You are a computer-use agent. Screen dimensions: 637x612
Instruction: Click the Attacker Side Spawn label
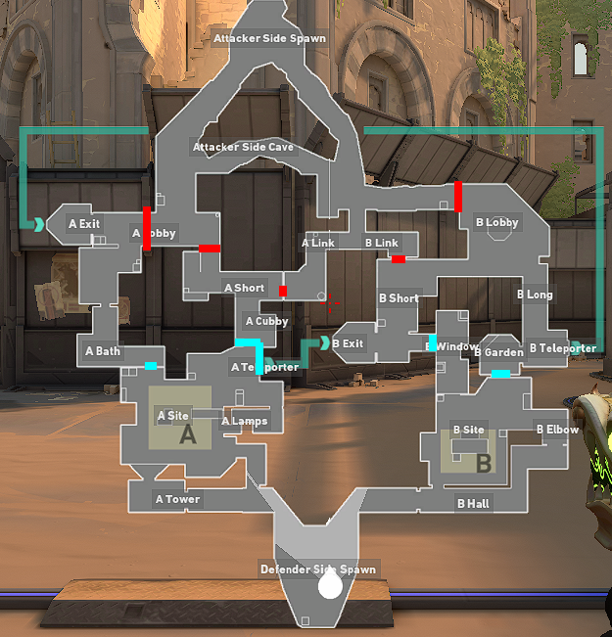click(269, 39)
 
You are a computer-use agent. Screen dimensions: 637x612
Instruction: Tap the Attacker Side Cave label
click(243, 148)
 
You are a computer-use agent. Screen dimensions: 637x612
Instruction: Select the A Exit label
click(84, 224)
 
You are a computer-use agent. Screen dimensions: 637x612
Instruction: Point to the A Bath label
click(103, 351)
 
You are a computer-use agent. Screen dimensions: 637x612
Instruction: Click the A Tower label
click(177, 500)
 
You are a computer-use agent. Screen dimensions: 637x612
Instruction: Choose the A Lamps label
click(245, 422)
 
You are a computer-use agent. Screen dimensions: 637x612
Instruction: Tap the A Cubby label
click(266, 321)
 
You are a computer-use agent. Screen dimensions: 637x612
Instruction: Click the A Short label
click(244, 288)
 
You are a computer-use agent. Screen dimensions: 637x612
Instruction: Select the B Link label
click(382, 243)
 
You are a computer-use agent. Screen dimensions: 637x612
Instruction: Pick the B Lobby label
click(496, 223)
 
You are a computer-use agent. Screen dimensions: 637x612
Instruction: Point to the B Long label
click(535, 295)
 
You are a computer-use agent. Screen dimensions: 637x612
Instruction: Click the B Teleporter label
click(562, 348)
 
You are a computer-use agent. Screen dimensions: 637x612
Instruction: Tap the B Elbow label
click(556, 430)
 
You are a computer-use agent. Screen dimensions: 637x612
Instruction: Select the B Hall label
click(473, 504)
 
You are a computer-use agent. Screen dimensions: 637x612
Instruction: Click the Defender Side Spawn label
click(317, 569)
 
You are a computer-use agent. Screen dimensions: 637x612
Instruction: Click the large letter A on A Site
click(188, 436)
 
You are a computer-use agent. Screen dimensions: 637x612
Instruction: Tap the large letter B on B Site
click(483, 464)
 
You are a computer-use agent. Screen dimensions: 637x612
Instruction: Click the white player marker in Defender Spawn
click(330, 584)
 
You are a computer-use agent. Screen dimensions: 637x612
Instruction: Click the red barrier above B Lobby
click(457, 196)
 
